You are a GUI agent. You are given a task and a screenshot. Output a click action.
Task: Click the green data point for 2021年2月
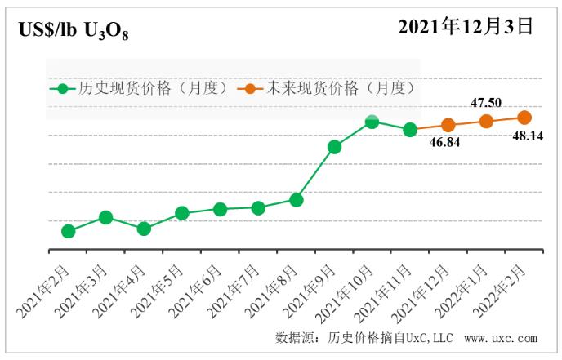tap(68, 231)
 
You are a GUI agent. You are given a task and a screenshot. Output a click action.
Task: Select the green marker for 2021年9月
tap(334, 147)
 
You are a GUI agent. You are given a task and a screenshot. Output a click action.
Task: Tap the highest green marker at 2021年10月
tap(372, 122)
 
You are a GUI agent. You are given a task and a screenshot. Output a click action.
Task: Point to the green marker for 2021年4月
tap(144, 229)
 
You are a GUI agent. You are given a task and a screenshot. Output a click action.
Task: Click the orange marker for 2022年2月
tap(524, 118)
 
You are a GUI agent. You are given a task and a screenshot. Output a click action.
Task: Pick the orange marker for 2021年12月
tap(448, 125)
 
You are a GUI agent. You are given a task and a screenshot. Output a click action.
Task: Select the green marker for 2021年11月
tap(410, 129)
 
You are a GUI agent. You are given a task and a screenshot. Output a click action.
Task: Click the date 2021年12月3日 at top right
tap(466, 27)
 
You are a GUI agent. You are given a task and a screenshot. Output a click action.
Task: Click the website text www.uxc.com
tap(500, 338)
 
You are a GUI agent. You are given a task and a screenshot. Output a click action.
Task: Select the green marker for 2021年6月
tap(220, 209)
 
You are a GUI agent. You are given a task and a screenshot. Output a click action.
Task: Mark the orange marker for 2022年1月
tap(486, 121)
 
